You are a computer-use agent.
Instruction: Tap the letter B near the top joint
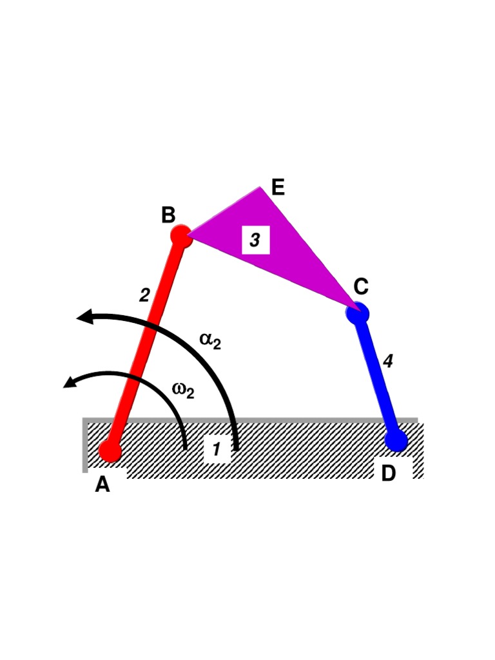click(168, 215)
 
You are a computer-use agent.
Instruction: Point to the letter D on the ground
click(389, 474)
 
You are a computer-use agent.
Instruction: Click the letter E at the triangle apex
click(278, 188)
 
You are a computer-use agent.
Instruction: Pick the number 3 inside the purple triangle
click(255, 240)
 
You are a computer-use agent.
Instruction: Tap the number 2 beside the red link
click(145, 295)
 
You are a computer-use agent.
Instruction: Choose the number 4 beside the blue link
click(387, 362)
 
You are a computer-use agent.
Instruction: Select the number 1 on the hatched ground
click(217, 451)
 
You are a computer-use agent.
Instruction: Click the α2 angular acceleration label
click(210, 340)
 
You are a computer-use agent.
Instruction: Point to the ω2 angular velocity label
click(184, 389)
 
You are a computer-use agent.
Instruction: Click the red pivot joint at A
click(110, 451)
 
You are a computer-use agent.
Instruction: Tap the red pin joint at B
click(182, 236)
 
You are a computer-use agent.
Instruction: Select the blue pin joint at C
click(357, 313)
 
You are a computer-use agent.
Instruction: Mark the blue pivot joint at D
click(396, 441)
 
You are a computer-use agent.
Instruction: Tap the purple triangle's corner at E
click(260, 189)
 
